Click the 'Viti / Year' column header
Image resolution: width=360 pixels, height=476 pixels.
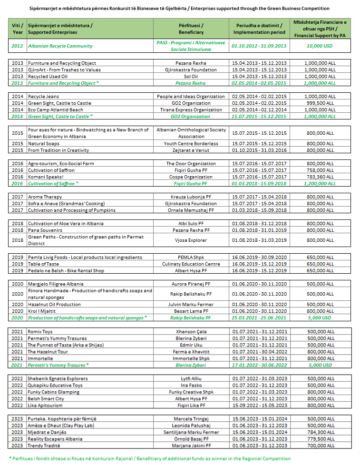click(x=17, y=29)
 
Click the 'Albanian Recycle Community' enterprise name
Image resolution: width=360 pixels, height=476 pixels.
click(x=60, y=46)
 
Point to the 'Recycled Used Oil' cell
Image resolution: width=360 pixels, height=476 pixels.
click(x=48, y=76)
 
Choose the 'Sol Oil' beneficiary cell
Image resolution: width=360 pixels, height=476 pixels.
click(x=191, y=76)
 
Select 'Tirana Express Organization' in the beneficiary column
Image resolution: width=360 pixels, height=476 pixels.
click(x=191, y=109)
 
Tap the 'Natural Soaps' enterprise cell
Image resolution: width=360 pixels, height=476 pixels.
click(x=43, y=143)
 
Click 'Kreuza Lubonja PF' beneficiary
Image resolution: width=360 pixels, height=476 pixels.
click(x=191, y=197)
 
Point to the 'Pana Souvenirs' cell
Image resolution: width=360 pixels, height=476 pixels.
click(x=45, y=230)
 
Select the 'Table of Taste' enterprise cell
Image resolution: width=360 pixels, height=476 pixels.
click(x=43, y=264)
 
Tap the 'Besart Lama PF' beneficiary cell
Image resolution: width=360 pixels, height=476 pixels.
click(x=191, y=311)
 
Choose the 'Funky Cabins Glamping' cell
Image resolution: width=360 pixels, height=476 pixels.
click(x=53, y=392)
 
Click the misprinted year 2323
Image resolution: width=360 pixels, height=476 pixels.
click(x=17, y=418)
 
